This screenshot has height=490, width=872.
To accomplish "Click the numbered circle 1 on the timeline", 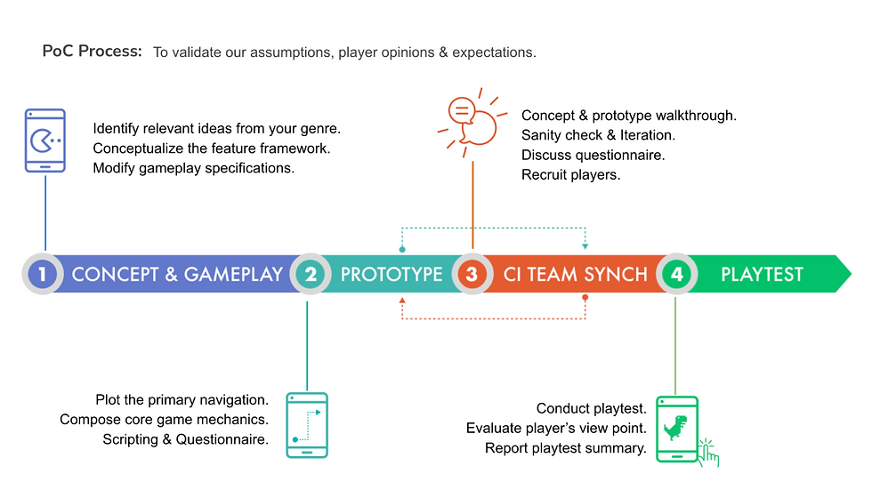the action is [43, 274].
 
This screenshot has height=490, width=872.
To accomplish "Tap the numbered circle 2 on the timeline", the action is [311, 274].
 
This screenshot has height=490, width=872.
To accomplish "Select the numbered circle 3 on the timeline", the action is [472, 274].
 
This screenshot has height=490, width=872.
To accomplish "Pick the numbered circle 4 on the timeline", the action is [677, 274].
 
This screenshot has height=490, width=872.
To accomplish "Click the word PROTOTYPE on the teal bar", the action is [392, 275].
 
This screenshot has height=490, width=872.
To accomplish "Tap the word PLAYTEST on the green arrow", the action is [762, 275].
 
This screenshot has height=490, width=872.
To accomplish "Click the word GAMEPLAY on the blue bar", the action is [233, 275].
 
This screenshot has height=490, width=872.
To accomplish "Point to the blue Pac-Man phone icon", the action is [45, 141].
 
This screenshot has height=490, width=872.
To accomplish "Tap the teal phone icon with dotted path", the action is [307, 425].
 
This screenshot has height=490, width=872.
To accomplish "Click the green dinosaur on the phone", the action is [675, 427].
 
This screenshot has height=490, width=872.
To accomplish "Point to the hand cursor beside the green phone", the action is [708, 454].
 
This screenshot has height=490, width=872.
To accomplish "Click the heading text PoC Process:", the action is [93, 51].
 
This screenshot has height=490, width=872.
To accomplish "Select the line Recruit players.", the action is [570, 174].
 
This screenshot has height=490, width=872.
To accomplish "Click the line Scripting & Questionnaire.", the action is [185, 439].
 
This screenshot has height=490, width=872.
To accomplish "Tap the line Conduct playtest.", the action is [591, 408].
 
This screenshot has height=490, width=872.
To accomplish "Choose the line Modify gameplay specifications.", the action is [194, 168].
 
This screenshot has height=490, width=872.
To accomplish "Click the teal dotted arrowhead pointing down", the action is [585, 246].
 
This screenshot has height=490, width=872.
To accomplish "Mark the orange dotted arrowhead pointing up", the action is [402, 301].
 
